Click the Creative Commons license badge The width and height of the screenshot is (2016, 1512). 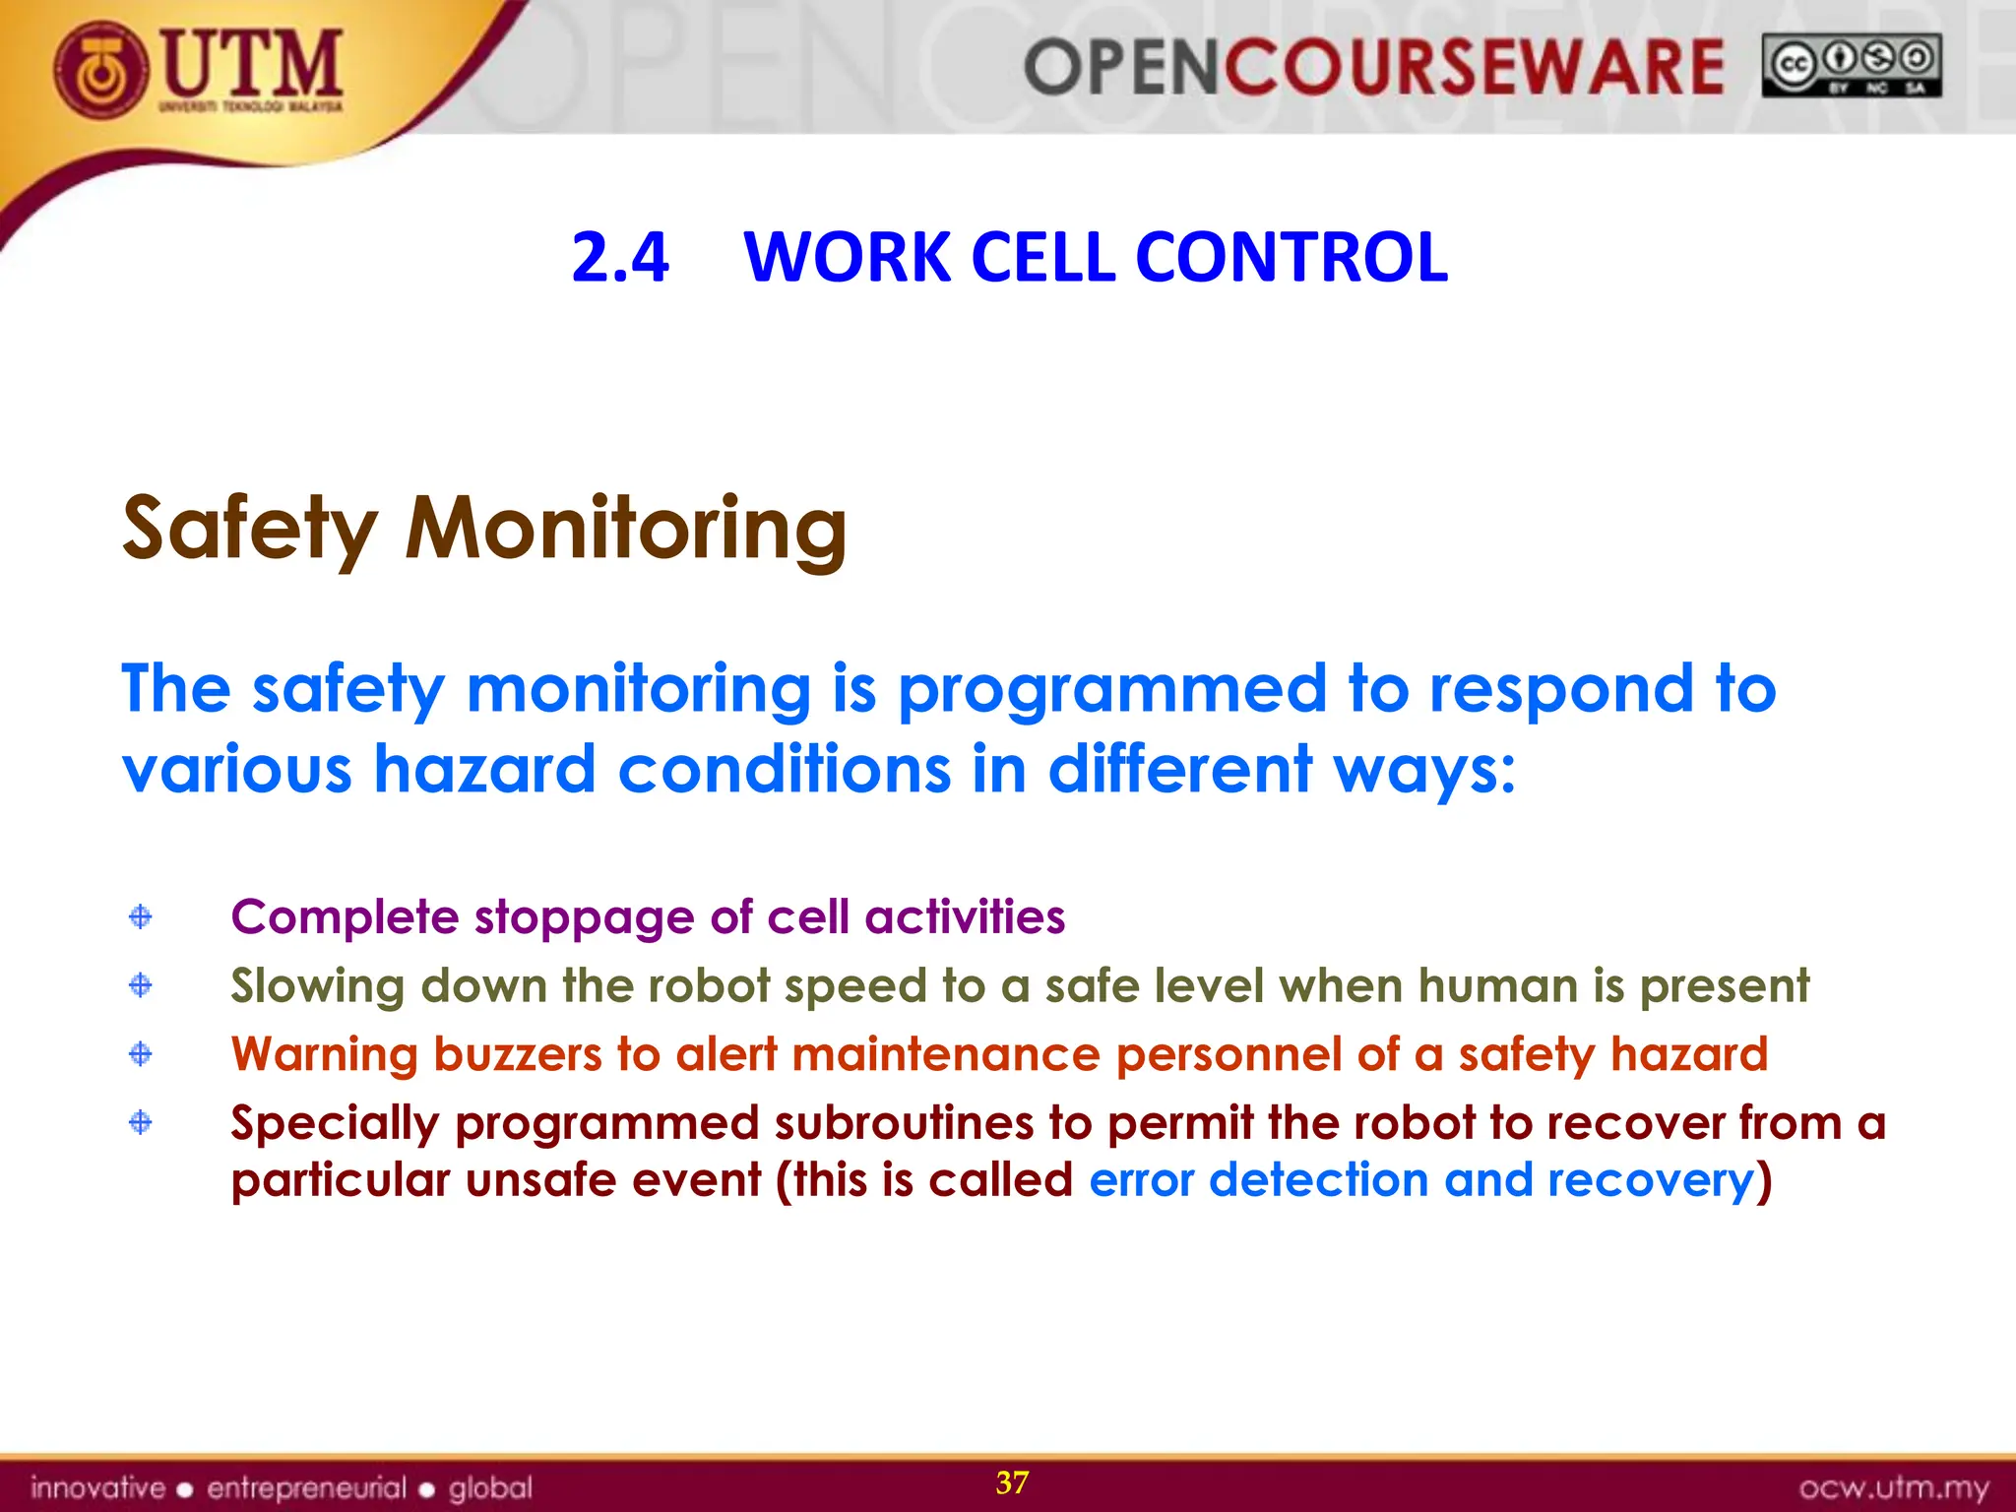coord(1852,66)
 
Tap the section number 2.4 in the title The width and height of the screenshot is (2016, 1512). coord(620,258)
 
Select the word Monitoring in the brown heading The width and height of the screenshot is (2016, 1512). coord(626,529)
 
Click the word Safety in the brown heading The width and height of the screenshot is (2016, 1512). coord(250,529)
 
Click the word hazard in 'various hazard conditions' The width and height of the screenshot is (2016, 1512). coord(484,770)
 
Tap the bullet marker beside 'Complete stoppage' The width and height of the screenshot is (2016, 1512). coord(141,916)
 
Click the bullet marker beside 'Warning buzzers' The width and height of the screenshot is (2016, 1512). coord(141,1054)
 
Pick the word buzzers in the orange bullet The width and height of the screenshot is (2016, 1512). coord(517,1054)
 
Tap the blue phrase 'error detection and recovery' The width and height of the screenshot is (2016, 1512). coord(1421,1180)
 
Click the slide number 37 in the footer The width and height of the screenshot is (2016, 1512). coord(1012,1482)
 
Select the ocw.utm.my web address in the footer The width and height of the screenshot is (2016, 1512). coord(1894,1487)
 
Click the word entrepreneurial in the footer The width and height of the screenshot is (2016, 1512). coord(306,1487)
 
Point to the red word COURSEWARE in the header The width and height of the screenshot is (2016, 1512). coord(1473,68)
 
